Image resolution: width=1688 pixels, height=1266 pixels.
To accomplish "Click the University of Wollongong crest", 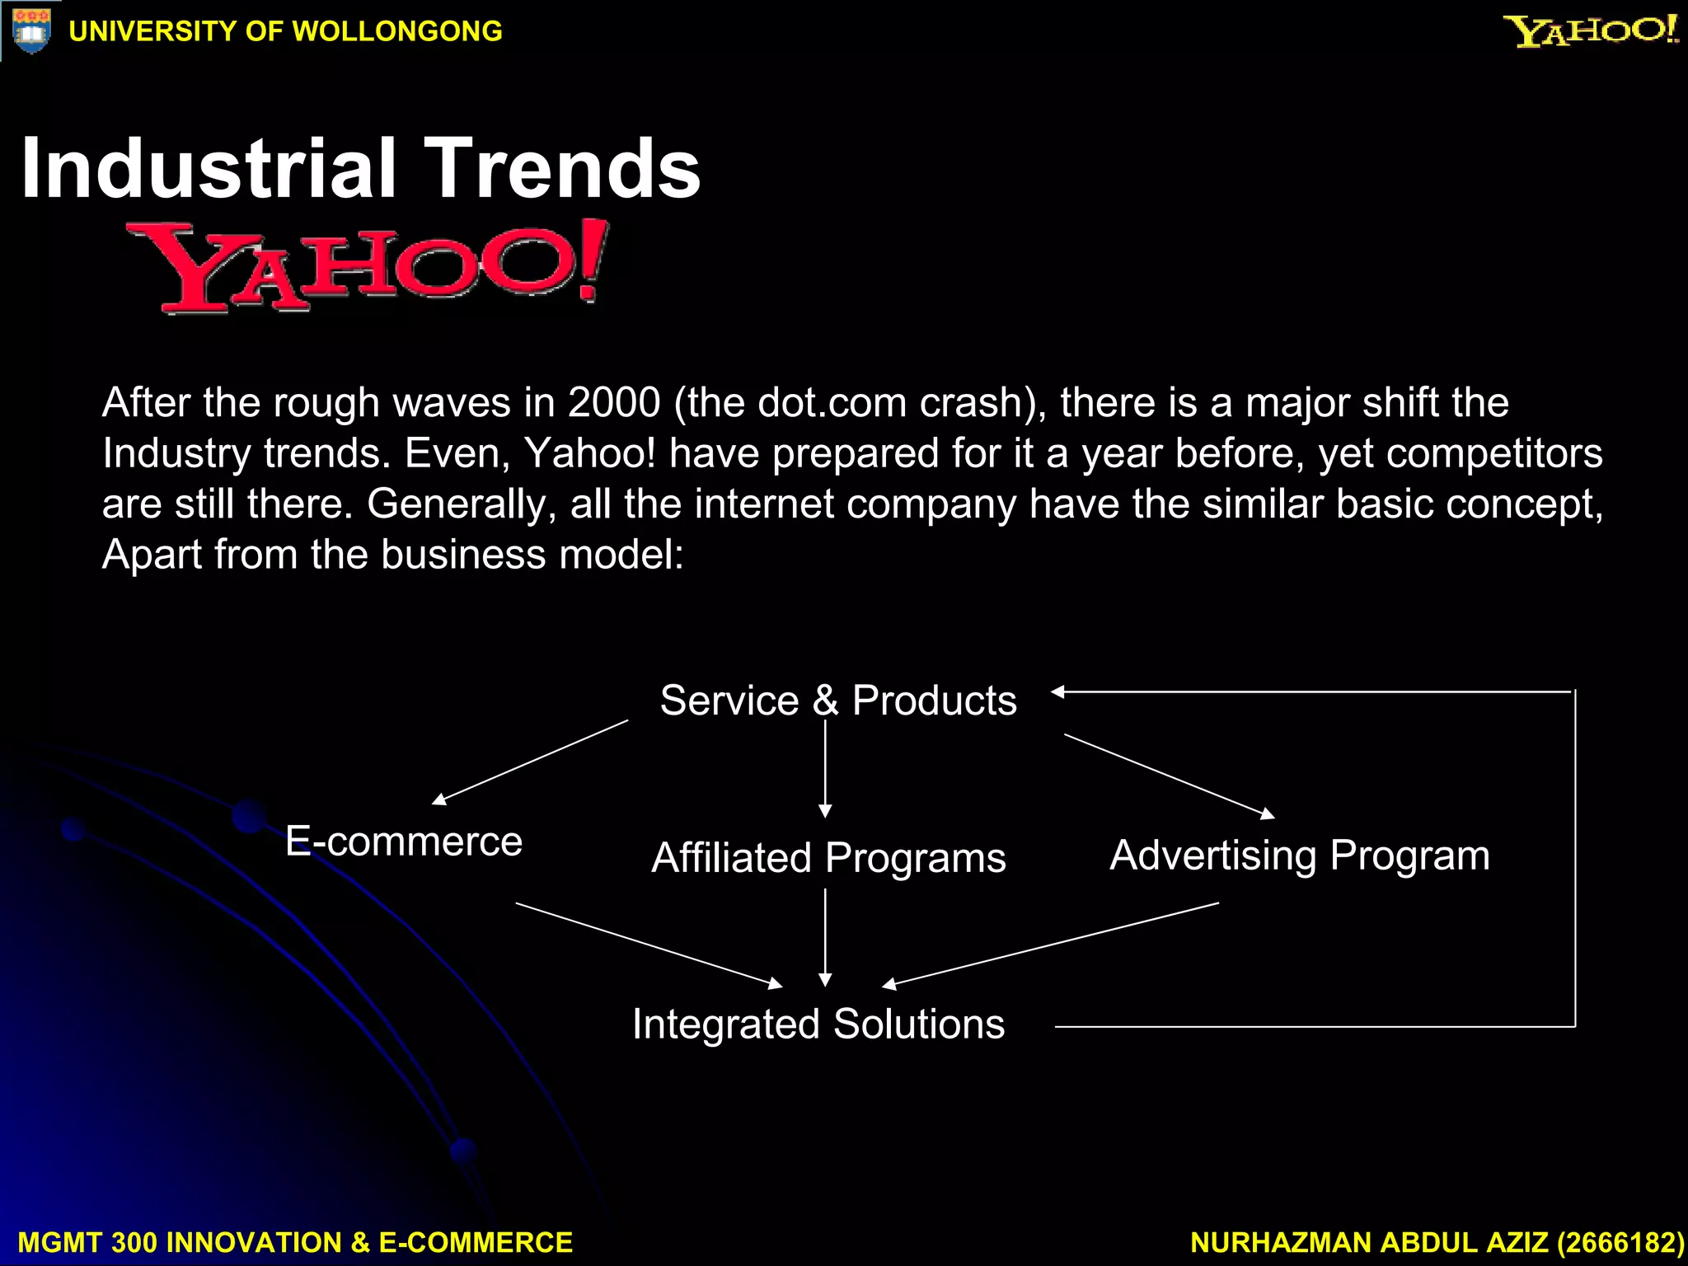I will coord(31,31).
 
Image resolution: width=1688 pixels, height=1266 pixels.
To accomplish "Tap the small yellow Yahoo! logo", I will coord(1590,31).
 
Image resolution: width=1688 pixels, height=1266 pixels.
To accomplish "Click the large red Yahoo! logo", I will coord(368,266).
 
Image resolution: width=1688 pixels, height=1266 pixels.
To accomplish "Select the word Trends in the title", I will coord(561,169).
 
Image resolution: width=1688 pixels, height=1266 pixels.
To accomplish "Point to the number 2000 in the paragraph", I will coord(614,403).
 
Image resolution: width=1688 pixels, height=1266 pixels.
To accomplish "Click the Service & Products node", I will coord(838,701).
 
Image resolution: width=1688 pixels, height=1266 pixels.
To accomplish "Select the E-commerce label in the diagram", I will coord(404,842).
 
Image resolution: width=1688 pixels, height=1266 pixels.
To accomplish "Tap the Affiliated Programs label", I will coord(828,858).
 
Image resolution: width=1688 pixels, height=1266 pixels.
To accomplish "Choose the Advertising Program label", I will coord(1300,856).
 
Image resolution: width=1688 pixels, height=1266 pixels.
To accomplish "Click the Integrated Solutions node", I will coord(818,1025).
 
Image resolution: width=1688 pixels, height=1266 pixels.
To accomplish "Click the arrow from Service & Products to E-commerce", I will coord(530,762).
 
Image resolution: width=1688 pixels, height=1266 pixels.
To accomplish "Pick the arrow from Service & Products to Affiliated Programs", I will coord(825,769).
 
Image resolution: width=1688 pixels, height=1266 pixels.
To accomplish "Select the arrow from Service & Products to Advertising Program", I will coord(1170,776).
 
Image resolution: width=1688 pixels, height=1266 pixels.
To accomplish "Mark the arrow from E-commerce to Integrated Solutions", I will coord(649,945).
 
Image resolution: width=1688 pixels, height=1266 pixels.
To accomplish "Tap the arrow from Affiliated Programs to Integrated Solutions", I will coord(825,937).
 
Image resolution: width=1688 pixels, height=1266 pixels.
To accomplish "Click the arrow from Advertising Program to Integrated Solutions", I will coord(1050,945).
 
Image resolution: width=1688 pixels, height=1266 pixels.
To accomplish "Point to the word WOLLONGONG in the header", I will coord(397,31).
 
